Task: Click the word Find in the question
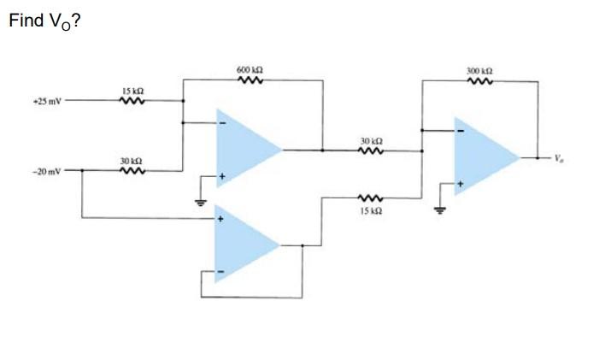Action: pyautogui.click(x=24, y=21)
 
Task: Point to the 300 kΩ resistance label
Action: pyautogui.click(x=478, y=71)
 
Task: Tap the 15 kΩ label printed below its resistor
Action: pyautogui.click(x=369, y=210)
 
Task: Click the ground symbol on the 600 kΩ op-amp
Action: pyautogui.click(x=199, y=202)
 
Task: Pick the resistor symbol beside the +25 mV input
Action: pyautogui.click(x=132, y=100)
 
